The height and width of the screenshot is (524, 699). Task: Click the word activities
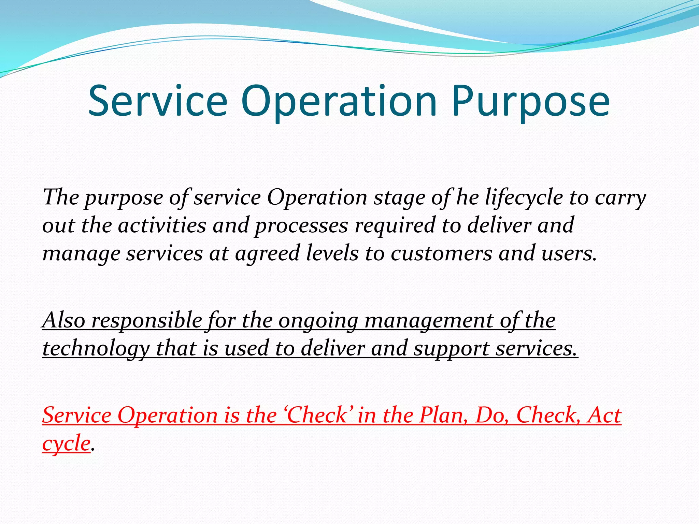(x=162, y=225)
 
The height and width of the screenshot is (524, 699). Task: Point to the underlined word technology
(x=96, y=349)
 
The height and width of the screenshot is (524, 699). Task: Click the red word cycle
(x=66, y=444)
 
